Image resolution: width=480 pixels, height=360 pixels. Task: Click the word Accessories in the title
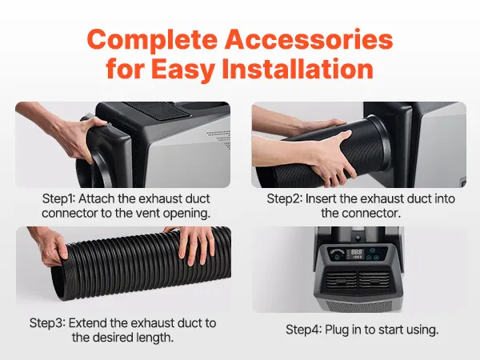click(309, 40)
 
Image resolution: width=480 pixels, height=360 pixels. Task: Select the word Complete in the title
click(152, 41)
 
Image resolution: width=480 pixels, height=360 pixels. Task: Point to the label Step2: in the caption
click(284, 198)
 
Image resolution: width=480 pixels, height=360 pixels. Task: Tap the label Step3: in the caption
click(47, 323)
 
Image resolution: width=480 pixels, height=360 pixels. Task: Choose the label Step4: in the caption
click(303, 330)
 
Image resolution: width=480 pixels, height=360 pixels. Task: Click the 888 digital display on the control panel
click(356, 252)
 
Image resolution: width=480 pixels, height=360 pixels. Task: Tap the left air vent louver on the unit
click(341, 280)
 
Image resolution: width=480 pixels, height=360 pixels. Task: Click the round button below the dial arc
click(337, 258)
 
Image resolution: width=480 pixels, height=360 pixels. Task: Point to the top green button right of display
click(372, 251)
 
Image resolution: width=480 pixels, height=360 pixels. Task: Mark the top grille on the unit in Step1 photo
click(158, 111)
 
